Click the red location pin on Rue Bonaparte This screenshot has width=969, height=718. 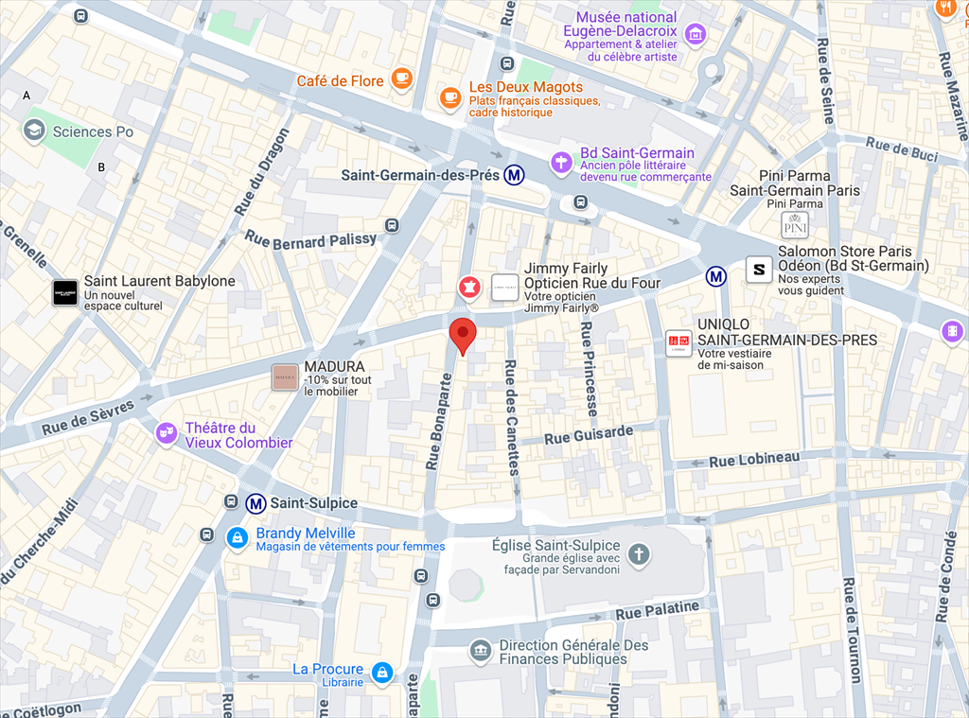coord(462,334)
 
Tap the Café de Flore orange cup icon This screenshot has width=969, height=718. coord(402,79)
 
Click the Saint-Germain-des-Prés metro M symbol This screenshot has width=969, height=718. coord(515,175)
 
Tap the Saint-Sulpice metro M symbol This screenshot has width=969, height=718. coord(255,503)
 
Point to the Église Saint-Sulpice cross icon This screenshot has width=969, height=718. coord(639,553)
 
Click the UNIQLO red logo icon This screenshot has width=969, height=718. coord(678,342)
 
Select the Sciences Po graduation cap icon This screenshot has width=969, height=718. coord(35,131)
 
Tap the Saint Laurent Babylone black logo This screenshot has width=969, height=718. coord(65,292)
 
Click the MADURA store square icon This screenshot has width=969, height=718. coord(285,377)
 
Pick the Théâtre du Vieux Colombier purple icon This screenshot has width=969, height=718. coord(167,432)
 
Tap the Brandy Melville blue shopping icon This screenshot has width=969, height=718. coord(237,537)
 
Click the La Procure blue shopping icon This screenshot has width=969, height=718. coord(382,673)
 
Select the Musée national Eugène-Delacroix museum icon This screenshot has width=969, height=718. coord(696,35)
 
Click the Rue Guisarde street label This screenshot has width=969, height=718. coord(589,434)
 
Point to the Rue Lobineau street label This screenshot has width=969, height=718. coord(754,460)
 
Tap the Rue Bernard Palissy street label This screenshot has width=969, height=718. coord(310,241)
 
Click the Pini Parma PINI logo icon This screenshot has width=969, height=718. coord(795,225)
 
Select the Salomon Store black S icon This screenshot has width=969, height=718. coord(758,270)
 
